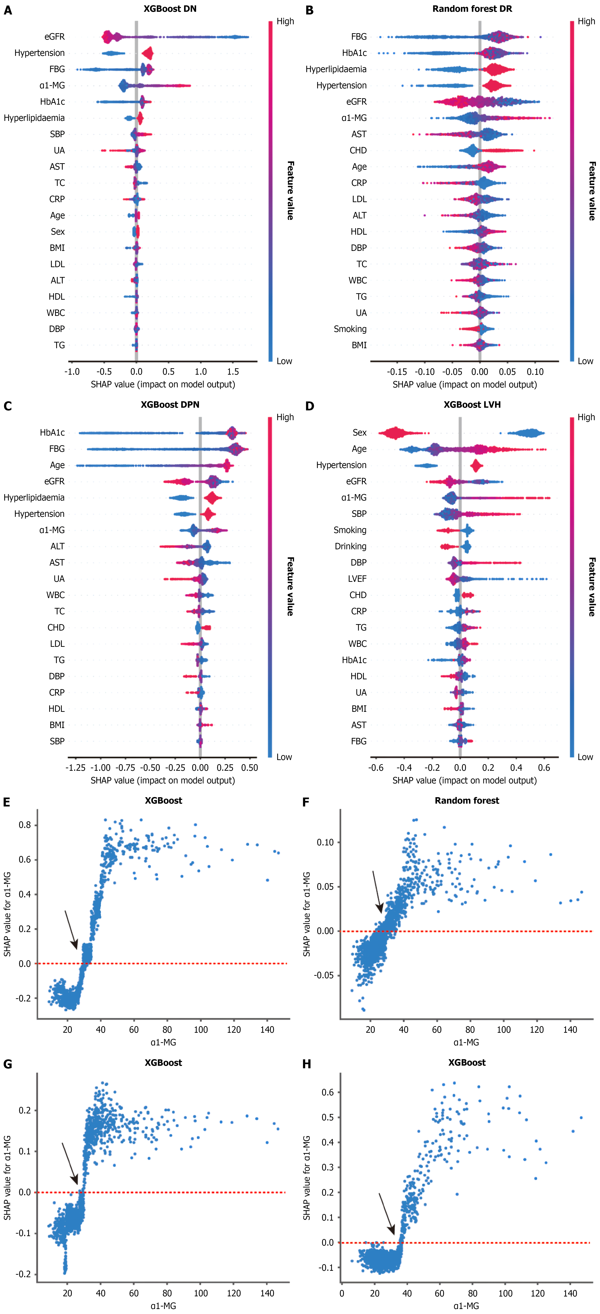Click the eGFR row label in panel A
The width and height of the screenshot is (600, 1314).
coord(55,37)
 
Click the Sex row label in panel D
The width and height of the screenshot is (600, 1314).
coord(359,433)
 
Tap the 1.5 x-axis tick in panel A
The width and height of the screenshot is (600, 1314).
coord(233,372)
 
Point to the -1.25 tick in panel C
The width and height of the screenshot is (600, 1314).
coord(75,768)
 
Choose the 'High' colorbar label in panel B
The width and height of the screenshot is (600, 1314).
coord(586,21)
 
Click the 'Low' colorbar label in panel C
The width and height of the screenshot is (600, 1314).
coord(284,757)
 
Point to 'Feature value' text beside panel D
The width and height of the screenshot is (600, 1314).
coord(592,587)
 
